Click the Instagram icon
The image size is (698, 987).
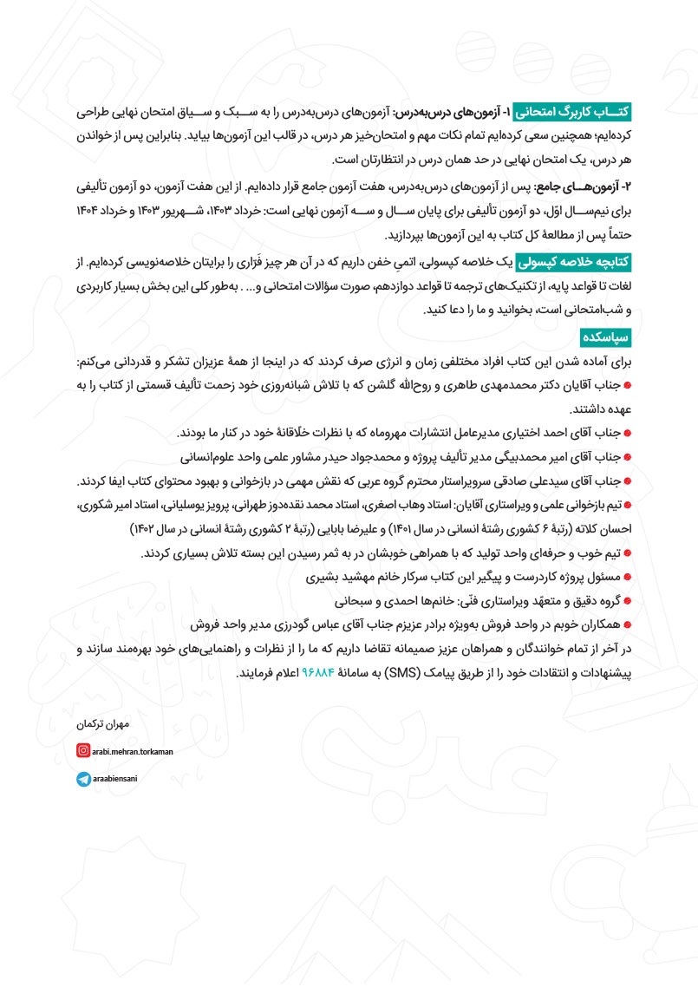[x=82, y=750]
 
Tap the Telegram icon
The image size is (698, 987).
[x=82, y=780]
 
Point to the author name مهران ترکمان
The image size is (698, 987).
[x=102, y=722]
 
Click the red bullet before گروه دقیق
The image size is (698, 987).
[x=627, y=600]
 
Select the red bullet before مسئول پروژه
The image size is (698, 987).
[x=627, y=576]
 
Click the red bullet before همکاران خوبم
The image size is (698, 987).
[x=627, y=624]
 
